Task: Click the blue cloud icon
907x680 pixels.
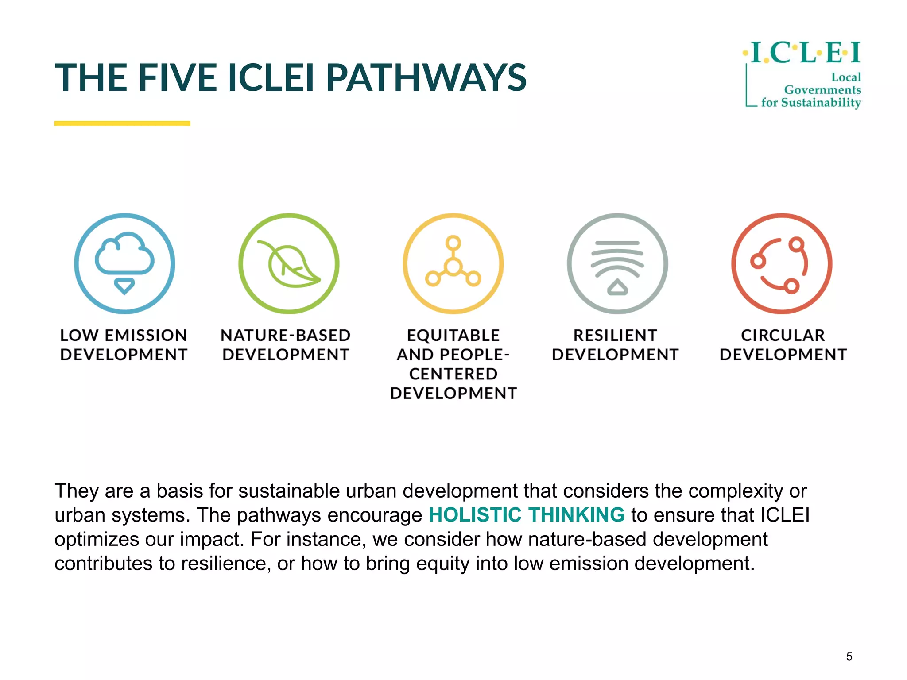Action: (x=124, y=263)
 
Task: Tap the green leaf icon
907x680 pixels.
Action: (x=289, y=264)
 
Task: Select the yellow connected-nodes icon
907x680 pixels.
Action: (x=453, y=264)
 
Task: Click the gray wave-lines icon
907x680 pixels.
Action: (x=617, y=264)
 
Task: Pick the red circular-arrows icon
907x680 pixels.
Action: (x=782, y=264)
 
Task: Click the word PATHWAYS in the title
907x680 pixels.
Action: (x=426, y=78)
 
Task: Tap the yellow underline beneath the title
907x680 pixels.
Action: (x=122, y=124)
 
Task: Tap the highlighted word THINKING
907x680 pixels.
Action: (x=576, y=515)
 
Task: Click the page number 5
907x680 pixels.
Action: (x=849, y=656)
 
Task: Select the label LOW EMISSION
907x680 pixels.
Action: (x=124, y=336)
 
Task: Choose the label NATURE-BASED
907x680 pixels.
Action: (x=286, y=336)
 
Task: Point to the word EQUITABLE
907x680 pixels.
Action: (x=453, y=336)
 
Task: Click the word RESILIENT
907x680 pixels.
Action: (x=615, y=336)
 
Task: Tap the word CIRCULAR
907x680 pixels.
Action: (x=783, y=336)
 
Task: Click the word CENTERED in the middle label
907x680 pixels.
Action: (x=453, y=374)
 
